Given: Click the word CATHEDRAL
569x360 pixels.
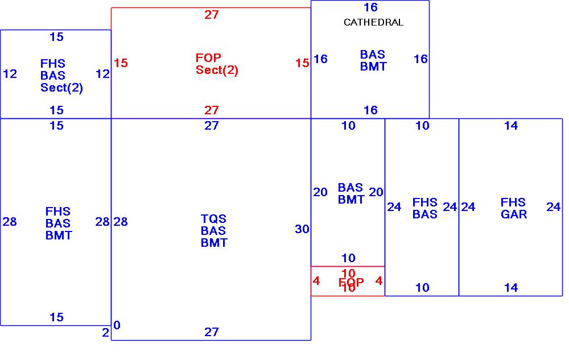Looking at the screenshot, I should coord(373,23).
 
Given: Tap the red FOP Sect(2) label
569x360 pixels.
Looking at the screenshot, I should coord(217,64).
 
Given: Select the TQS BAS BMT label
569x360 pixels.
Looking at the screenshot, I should coord(214,231).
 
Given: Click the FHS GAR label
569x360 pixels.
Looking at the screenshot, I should coord(513,208).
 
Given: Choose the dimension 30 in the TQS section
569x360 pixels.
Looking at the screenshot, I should coord(302,229).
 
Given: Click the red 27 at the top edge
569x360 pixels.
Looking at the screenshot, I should coord(212,15).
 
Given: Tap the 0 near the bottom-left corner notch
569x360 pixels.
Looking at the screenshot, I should coord(117,325).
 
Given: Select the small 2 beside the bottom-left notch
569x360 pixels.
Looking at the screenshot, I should coord(105,333).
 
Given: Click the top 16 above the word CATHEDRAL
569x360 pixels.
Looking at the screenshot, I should coord(370,7).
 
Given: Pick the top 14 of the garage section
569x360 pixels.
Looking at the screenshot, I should coord(511,126).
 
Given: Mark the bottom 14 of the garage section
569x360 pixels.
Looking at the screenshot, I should coord(511,288).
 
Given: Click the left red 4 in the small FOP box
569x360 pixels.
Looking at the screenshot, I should coord(316,281).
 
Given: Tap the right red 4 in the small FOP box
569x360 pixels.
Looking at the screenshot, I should coord(379,281).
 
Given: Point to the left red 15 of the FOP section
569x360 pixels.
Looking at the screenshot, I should coord(121,63).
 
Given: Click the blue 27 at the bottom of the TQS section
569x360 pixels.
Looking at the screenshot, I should coord(212,332).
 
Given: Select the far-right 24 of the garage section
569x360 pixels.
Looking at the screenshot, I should coord(554,207).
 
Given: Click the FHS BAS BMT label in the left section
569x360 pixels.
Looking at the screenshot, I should coord(59,224).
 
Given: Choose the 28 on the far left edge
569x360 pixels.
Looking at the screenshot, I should coord(10,222).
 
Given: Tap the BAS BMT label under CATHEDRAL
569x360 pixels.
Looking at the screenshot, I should coord(373,60).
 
